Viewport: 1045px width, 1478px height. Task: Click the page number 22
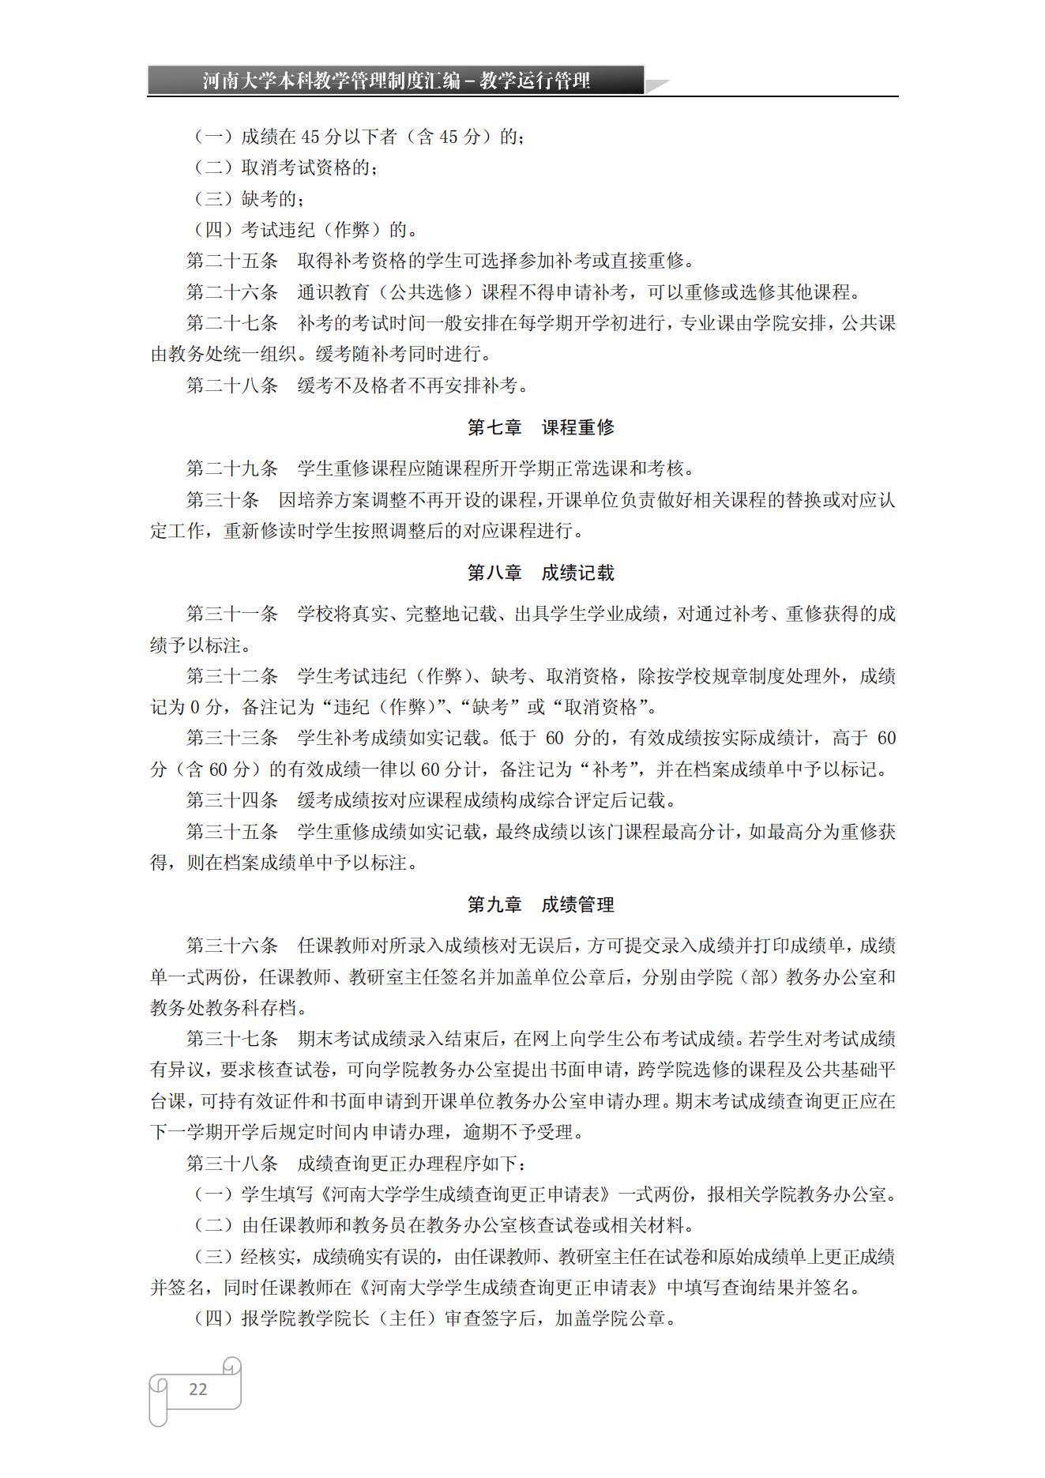(197, 1390)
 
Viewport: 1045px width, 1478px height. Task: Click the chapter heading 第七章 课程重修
(540, 427)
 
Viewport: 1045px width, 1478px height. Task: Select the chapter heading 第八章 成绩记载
(540, 573)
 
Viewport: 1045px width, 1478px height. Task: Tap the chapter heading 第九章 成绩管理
(540, 904)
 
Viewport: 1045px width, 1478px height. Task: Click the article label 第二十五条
(232, 261)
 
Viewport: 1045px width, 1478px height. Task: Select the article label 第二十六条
(232, 292)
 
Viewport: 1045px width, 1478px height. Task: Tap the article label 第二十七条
(232, 323)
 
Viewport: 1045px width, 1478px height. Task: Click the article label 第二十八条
(232, 385)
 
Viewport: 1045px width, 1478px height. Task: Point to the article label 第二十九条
(232, 468)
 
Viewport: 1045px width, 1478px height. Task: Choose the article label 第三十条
(223, 500)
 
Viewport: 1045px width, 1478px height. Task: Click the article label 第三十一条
(232, 614)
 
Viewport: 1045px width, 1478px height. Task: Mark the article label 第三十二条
(232, 676)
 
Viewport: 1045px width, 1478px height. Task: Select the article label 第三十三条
(232, 738)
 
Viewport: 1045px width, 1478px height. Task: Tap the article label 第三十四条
(232, 800)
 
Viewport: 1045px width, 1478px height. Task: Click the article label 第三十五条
(232, 832)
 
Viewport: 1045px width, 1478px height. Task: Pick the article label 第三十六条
(232, 946)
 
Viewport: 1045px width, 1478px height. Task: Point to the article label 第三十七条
(232, 1039)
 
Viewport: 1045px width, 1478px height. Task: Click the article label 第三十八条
(232, 1164)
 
